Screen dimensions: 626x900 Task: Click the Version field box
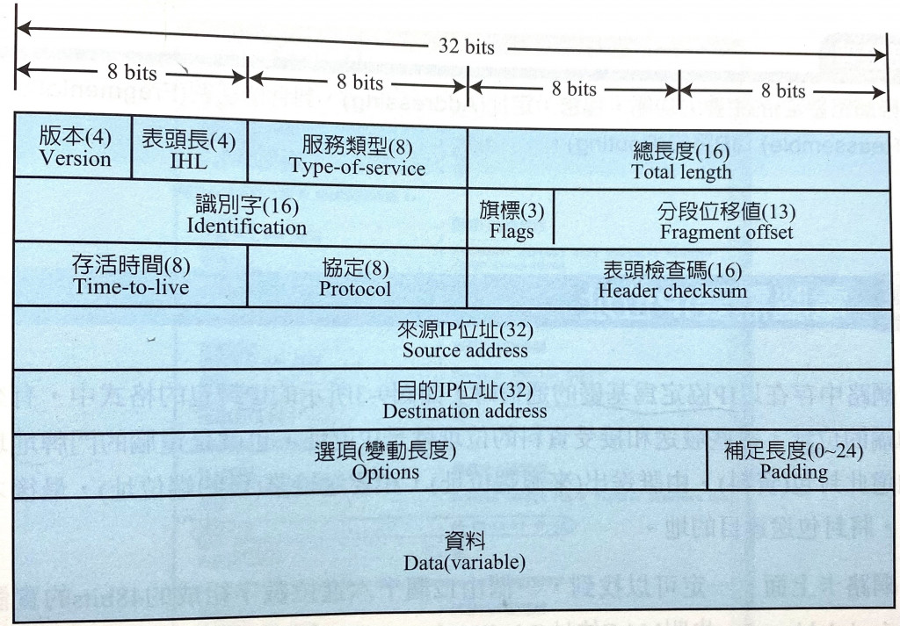pos(75,148)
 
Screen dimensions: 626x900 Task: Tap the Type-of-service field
pos(357,155)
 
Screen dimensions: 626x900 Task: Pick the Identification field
pos(246,216)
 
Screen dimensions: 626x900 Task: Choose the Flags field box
pos(512,221)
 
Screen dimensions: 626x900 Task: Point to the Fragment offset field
pos(726,221)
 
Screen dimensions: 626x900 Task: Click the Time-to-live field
pos(131,276)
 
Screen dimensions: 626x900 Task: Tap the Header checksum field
pos(672,280)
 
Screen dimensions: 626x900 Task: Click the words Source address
pos(465,350)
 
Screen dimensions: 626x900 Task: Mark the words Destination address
pos(465,410)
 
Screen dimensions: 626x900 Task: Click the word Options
pos(385,471)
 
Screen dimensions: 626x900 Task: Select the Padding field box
pos(794,461)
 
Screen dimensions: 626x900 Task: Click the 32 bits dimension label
pos(467,46)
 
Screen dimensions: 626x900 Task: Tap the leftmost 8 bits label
pos(132,72)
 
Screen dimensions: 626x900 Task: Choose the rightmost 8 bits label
pos(783,90)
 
